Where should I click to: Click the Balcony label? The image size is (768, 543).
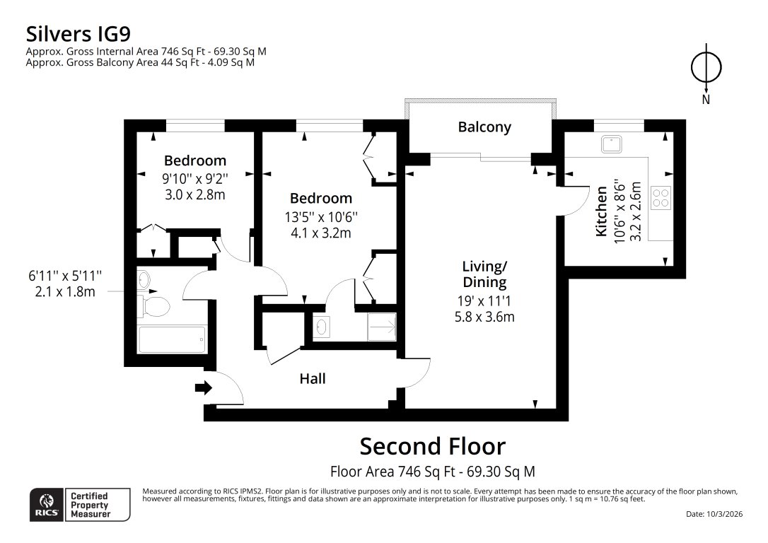pos(484,127)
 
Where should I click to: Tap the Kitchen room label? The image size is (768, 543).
pos(602,211)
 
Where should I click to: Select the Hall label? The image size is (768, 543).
pos(313,379)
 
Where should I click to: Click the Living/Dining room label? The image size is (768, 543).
pos(484,274)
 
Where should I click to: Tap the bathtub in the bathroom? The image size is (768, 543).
pos(172,340)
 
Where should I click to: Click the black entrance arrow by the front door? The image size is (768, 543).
pos(204,387)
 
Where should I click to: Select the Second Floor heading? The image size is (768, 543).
pos(433,447)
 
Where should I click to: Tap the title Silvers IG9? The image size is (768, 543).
pos(78,33)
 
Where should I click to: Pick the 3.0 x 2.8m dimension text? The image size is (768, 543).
pos(194,194)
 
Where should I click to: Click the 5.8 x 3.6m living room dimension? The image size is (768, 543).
pos(484,317)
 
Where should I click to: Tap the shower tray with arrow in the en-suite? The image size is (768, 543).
pos(381,327)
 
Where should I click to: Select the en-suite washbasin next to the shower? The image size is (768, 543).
pos(322,327)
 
